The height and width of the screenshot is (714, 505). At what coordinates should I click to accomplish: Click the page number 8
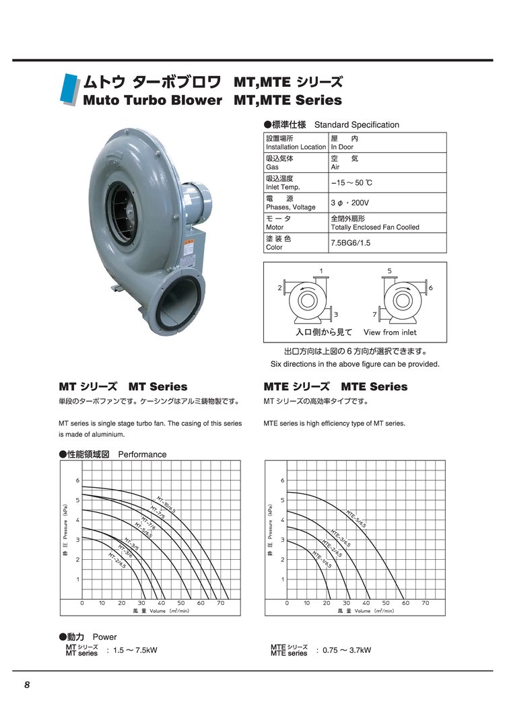point(27,685)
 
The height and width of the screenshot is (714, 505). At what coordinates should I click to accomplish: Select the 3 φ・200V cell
point(350,203)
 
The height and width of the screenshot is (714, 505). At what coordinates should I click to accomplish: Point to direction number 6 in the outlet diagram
point(430,287)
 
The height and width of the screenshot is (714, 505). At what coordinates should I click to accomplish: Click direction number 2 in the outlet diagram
point(279,287)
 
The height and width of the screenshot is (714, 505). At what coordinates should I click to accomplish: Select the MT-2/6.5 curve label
point(117,561)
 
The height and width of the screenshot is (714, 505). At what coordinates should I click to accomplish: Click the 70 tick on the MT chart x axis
point(220,604)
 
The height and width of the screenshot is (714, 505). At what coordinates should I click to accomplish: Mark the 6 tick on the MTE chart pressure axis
point(282,480)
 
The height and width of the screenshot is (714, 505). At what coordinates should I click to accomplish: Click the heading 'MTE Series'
point(374,387)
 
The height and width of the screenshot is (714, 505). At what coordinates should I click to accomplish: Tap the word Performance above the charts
point(142,454)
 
